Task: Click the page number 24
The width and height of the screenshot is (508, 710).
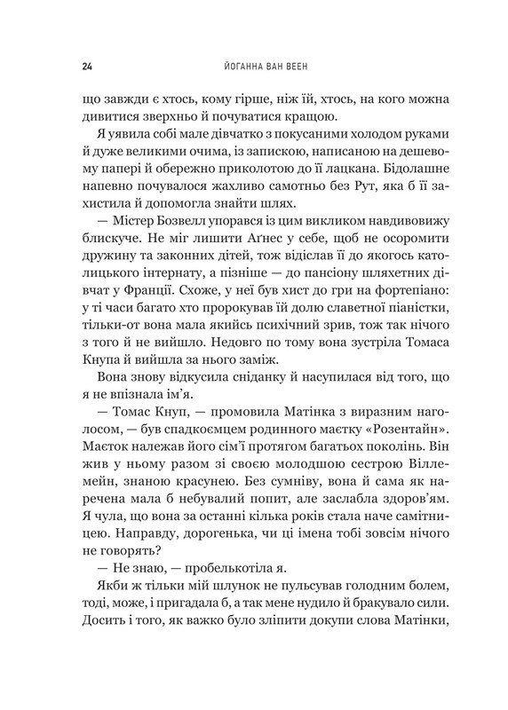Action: [x=61, y=66]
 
